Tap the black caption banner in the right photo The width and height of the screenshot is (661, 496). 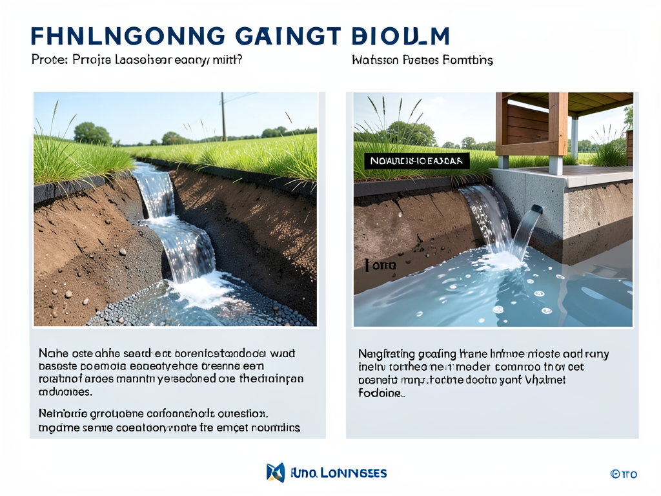417,161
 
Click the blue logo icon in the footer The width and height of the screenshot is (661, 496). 275,472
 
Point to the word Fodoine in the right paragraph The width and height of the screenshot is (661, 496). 381,393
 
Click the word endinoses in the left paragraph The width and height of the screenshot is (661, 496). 65,392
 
